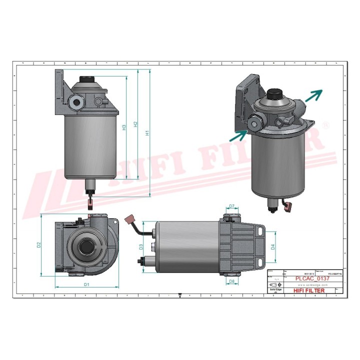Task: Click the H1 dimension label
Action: pyautogui.click(x=147, y=133)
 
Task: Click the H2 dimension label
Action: pyautogui.click(x=135, y=124)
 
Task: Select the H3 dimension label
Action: pyautogui.click(x=124, y=127)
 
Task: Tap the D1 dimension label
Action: pyautogui.click(x=86, y=284)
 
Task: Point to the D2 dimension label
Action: pyautogui.click(x=38, y=245)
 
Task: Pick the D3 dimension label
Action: pyautogui.click(x=141, y=247)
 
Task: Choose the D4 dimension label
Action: pyautogui.click(x=272, y=246)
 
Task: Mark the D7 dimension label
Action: pyautogui.click(x=231, y=206)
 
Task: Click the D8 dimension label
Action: pyautogui.click(x=231, y=282)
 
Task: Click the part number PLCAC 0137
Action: pyautogui.click(x=312, y=279)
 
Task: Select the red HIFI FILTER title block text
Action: pyautogui.click(x=308, y=290)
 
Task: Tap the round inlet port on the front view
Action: pyautogui.click(x=77, y=103)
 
